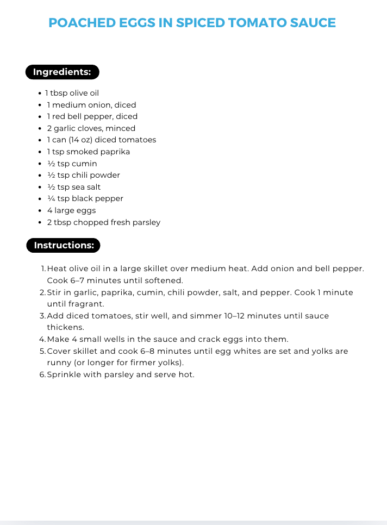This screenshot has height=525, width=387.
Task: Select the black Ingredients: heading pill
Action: pyautogui.click(x=62, y=72)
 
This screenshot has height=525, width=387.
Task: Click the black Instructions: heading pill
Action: pyautogui.click(x=63, y=245)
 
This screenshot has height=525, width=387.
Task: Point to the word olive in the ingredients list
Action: pyautogui.click(x=78, y=93)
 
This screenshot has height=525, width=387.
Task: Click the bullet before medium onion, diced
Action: pyautogui.click(x=41, y=105)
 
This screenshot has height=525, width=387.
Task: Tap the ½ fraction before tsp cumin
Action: pyautogui.click(x=51, y=164)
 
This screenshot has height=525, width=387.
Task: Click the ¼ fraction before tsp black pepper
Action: pyautogui.click(x=51, y=198)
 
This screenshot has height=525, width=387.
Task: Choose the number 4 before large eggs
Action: pyautogui.click(x=49, y=210)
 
